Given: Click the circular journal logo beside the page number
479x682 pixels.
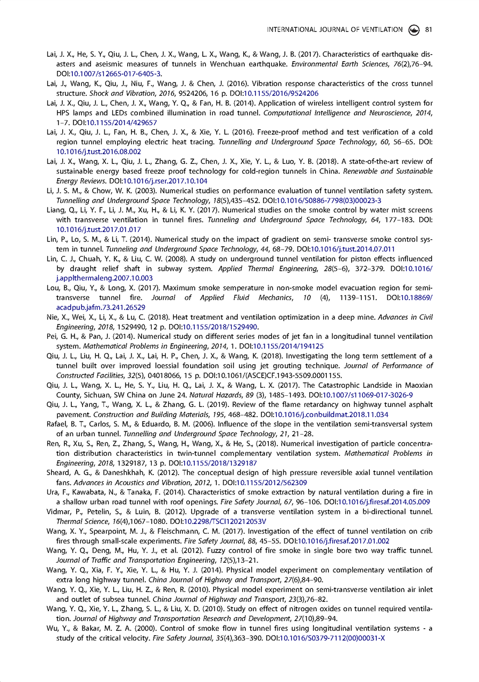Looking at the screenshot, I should click(414, 30).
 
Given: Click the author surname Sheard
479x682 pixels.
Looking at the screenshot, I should click(59, 473).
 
